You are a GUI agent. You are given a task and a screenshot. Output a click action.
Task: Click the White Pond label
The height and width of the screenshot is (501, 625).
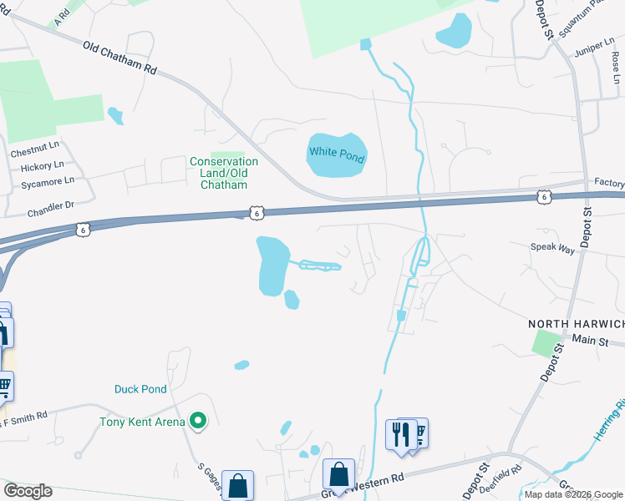pos(337,153)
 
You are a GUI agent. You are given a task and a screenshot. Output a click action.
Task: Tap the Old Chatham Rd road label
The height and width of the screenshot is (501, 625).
pos(120,57)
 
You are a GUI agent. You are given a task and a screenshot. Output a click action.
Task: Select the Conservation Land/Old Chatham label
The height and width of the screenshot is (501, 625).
pos(224,173)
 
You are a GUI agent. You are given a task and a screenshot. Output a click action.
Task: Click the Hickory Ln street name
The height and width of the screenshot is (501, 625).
pos(38,167)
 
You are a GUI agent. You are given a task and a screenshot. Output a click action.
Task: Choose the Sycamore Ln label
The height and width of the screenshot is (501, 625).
pos(42,180)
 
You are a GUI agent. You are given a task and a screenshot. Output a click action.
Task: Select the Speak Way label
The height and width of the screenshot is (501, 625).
pos(553,247)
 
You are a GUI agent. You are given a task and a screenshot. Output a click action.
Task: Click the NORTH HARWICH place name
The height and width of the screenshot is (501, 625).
pos(576,324)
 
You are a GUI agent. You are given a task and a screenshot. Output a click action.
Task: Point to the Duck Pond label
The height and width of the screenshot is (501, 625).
pos(140,389)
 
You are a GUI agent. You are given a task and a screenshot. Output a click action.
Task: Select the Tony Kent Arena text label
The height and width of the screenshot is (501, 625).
pos(142,423)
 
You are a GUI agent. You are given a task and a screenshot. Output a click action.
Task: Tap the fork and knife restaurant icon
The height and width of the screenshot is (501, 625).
pos(399,433)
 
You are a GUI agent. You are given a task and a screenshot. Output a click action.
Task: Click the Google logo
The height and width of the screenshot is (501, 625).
pos(28,491)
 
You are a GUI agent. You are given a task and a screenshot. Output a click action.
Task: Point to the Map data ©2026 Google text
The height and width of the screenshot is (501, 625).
pos(572,494)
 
